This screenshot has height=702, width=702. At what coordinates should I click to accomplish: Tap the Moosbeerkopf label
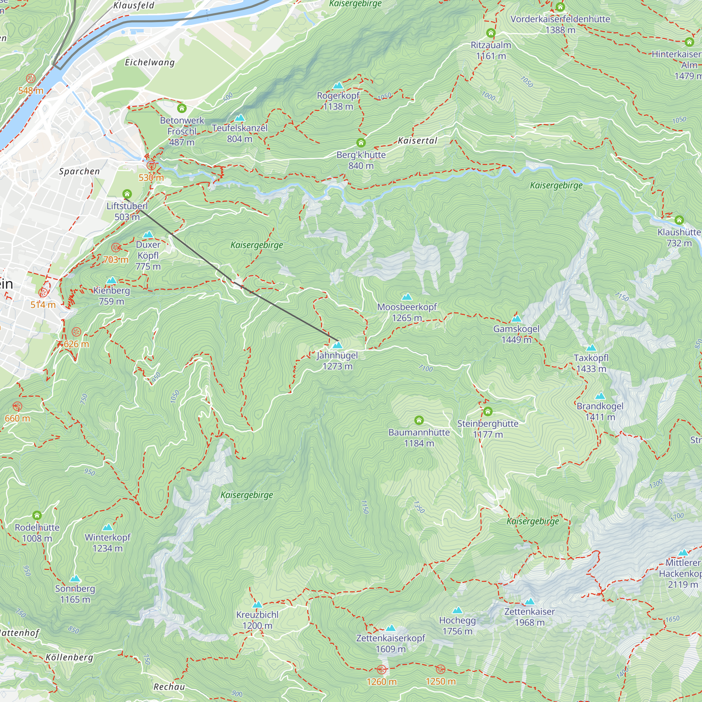407,307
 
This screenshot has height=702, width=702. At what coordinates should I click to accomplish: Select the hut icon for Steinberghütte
488,411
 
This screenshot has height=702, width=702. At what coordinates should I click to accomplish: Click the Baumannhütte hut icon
419,420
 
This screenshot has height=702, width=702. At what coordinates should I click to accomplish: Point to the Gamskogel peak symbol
516,319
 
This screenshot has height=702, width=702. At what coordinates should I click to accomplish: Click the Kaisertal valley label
417,141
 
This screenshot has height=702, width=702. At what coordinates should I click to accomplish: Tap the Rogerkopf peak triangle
338,85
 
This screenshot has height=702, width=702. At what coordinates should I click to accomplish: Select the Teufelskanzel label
239,128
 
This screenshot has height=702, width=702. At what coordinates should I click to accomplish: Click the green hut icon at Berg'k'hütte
361,143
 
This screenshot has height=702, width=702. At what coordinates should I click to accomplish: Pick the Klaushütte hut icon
679,220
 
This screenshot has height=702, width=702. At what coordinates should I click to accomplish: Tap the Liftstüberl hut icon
127,194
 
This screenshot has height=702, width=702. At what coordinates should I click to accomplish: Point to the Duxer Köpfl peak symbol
148,234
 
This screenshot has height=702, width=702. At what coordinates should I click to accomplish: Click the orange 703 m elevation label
116,259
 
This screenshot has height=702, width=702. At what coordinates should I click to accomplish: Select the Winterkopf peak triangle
107,527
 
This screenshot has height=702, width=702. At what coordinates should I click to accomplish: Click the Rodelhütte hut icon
37,515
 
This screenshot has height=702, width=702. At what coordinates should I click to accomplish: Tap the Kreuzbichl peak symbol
257,605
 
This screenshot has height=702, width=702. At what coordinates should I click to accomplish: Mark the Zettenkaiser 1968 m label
529,617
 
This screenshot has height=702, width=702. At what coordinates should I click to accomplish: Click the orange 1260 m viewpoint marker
382,669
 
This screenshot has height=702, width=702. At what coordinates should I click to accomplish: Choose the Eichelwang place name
150,62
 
